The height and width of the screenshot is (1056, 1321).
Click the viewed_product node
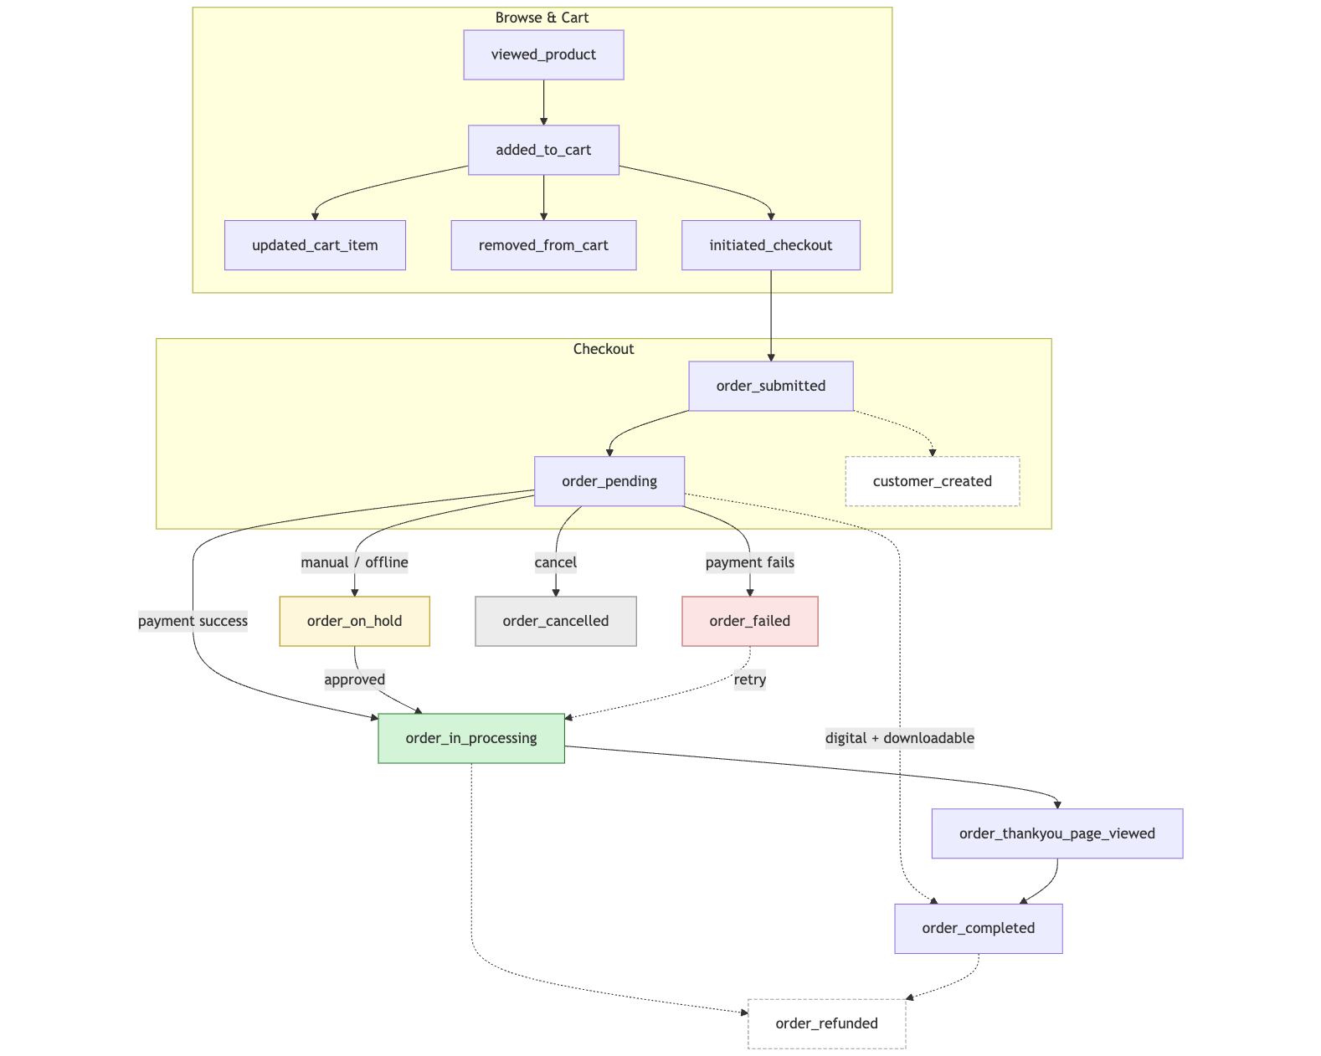[x=543, y=55]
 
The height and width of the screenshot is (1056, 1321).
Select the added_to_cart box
[x=543, y=151]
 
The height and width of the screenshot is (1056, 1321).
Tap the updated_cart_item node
[x=315, y=246]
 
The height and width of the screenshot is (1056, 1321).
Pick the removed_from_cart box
[x=543, y=246]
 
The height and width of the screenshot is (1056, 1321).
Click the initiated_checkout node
[x=770, y=246]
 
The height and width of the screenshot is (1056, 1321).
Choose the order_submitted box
[x=770, y=387]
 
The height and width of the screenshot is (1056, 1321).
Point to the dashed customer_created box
[x=932, y=482]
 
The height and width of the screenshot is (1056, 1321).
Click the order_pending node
[x=609, y=482]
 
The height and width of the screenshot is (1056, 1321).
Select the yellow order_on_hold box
[x=354, y=622]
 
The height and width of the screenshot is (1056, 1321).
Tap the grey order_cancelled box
[x=555, y=622]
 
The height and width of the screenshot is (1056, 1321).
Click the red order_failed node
[x=749, y=622]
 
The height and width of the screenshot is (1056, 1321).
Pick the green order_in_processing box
[x=470, y=739]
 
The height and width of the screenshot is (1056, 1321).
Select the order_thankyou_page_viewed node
[x=1056, y=834]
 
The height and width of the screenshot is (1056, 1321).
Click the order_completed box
[x=978, y=929]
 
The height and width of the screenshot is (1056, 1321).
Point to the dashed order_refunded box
[x=826, y=1024]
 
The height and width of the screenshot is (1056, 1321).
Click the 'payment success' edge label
[x=193, y=622]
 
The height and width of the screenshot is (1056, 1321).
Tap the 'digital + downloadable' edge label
[x=899, y=739]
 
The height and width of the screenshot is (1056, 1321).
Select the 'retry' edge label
[x=749, y=680]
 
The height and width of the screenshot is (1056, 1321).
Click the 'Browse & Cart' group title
[x=542, y=18]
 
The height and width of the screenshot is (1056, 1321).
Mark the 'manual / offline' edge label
[x=354, y=563]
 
